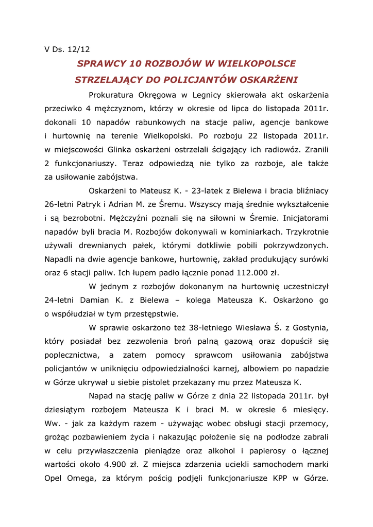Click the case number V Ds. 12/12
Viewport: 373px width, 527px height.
pyautogui.click(x=67, y=49)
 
